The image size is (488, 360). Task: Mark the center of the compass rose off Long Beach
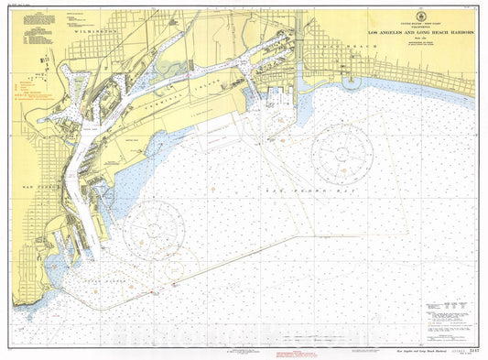coord(342,153)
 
